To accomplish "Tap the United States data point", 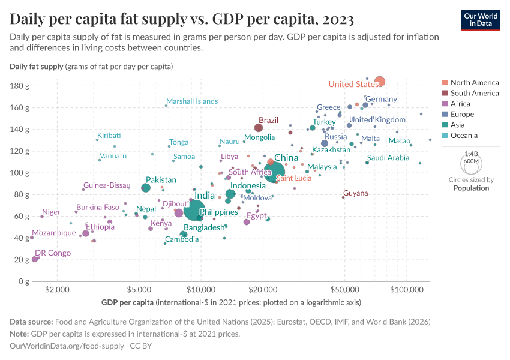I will [x=379, y=82].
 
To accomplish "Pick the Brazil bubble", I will [x=259, y=128].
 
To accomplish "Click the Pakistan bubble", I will [x=146, y=188].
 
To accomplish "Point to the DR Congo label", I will [x=53, y=253].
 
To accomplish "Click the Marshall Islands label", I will [x=192, y=101].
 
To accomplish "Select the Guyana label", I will [x=355, y=193].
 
